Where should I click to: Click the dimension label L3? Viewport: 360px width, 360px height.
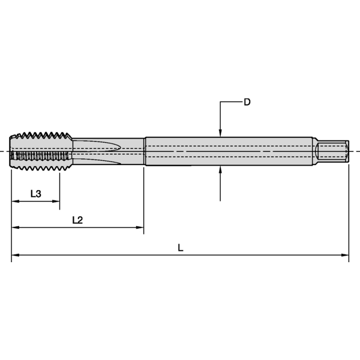click(x=35, y=194)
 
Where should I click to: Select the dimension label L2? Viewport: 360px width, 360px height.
click(x=77, y=220)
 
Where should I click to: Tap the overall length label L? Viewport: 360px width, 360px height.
click(x=181, y=247)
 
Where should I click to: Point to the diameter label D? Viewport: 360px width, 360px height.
click(x=247, y=102)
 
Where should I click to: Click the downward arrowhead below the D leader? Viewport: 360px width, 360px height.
click(x=221, y=133)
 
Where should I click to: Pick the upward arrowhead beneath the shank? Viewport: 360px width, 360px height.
click(x=221, y=170)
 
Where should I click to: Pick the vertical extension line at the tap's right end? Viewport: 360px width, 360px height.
click(x=349, y=210)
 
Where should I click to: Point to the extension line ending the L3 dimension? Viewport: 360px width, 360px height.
click(x=59, y=189)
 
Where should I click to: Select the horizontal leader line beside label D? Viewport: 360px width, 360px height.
click(x=231, y=103)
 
